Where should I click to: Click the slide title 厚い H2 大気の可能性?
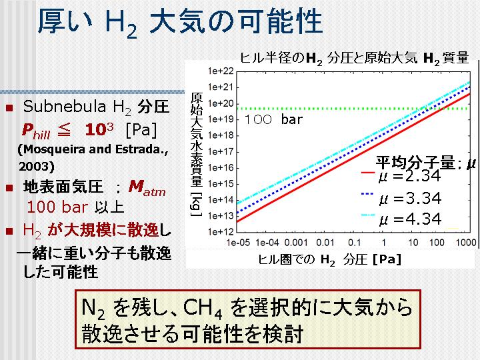[180, 22]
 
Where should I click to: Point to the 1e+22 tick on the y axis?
[221, 71]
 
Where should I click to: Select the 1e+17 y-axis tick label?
[221, 151]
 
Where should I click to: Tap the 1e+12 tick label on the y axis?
[221, 232]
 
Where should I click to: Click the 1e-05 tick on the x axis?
[238, 243]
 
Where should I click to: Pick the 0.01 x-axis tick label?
[325, 243]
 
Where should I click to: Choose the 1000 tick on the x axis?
[466, 243]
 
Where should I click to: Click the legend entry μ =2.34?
[410, 176]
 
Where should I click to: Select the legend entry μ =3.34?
[410, 199]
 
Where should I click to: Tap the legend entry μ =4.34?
[410, 219]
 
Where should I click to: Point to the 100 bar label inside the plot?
[273, 119]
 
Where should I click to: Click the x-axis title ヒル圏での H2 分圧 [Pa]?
[330, 260]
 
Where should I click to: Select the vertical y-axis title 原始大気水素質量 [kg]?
[196, 155]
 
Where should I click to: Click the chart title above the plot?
[354, 58]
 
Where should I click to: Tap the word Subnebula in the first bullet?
[64, 107]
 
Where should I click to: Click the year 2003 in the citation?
[34, 166]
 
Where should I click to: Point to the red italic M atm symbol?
[147, 187]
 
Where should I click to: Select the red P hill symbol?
[36, 131]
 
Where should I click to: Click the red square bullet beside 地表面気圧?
[9, 187]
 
